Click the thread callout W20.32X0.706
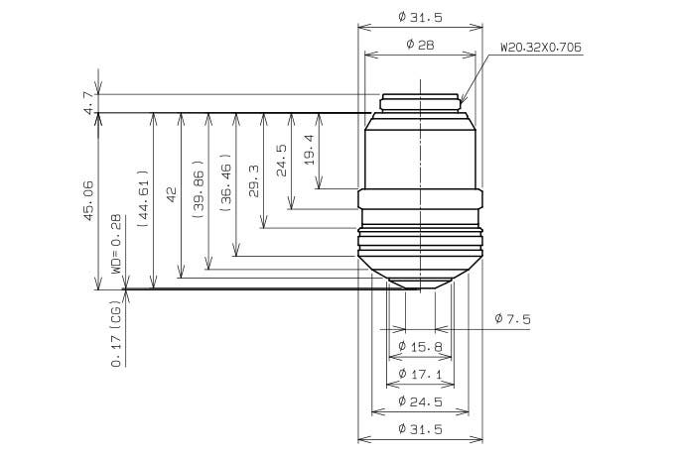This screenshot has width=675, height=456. tap(541, 47)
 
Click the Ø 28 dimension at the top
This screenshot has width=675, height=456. tap(420, 45)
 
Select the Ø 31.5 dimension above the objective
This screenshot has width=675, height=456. tap(420, 17)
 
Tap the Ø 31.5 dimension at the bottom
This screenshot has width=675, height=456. tap(420, 429)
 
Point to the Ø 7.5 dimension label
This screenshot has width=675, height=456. tap(512, 319)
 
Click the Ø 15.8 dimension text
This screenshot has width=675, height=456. tap(420, 346)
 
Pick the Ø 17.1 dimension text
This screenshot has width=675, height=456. tap(420, 374)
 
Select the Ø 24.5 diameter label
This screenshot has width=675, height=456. tap(420, 401)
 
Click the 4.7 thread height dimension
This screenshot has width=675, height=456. tap(89, 103)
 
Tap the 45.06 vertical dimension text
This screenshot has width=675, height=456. tap(88, 200)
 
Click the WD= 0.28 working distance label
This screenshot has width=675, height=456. tap(117, 244)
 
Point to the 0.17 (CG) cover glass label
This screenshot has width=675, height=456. tap(117, 333)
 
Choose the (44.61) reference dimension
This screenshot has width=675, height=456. tap(143, 198)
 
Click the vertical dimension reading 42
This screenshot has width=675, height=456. tap(172, 194)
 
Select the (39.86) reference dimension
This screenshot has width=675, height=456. tap(199, 189)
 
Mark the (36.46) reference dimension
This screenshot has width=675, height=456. tap(226, 182)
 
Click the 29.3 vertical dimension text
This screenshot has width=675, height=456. tap(254, 181)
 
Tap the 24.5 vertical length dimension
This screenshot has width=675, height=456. tap(282, 161)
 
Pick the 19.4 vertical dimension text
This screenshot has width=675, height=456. tap(309, 150)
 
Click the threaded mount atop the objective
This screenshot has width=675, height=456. tap(420, 103)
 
